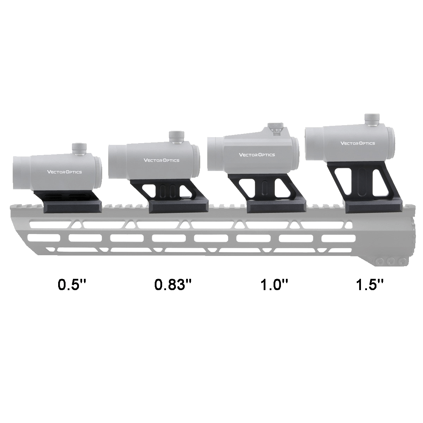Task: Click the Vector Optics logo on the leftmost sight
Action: pos(65,172)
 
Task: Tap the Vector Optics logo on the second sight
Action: pos(161,160)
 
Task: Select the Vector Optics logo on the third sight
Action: pos(257,155)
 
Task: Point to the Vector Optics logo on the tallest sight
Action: pos(357,143)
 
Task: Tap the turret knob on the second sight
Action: pos(175,137)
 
